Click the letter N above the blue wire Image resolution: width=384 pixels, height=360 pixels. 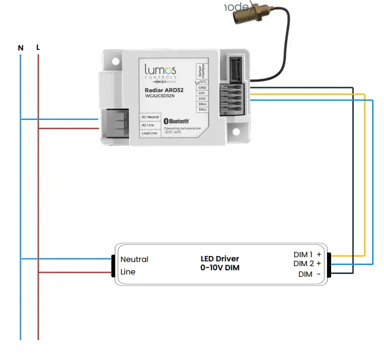coord(21,47)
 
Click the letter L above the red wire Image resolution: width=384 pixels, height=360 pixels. coord(38,47)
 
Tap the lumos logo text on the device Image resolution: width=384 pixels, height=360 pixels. coord(160,70)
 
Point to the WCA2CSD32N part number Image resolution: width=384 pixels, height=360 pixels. coord(160,97)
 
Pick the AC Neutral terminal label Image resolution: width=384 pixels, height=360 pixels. coord(150,117)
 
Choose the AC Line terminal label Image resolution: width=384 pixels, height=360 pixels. coord(149,125)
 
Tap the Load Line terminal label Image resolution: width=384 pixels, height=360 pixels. coord(149,133)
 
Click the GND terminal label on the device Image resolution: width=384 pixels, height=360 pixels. coord(202,87)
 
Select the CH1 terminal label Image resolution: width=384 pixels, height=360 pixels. coord(202,93)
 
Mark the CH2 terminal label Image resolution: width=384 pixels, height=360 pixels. coord(202,99)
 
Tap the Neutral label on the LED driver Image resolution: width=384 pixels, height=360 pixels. coord(134,260)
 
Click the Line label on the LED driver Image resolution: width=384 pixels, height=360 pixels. coord(128,272)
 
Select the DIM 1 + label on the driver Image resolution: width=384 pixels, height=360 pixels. coord(307,254)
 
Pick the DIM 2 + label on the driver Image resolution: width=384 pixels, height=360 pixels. coord(307,263)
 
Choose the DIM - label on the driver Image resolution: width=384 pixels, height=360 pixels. coord(309,274)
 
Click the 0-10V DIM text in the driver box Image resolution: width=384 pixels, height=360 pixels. coord(220,268)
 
